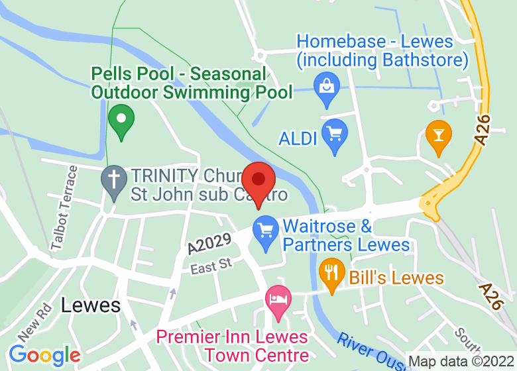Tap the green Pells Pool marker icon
coord(121,121)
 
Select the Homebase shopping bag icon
coord(326,87)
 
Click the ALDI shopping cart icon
coord(335,134)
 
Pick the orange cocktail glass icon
coord(438,135)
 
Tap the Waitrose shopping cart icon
coord(266,231)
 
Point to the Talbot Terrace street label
coord(64,207)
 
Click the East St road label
coord(211,266)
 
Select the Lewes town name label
coord(91,305)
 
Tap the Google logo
coord(44,355)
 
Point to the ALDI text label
coord(298,138)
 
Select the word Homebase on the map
coord(341,42)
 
